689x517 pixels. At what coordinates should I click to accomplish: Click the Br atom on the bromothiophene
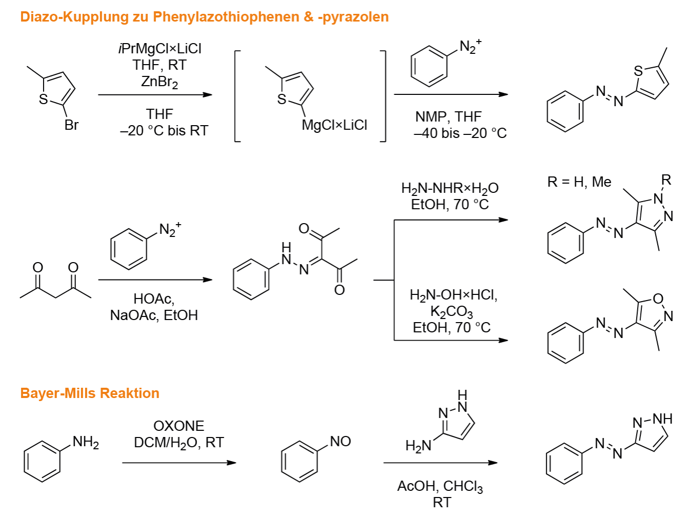[x=71, y=125]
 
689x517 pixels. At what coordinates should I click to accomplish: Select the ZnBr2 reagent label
[x=160, y=82]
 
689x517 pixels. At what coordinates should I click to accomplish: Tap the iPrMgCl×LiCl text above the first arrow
[x=160, y=49]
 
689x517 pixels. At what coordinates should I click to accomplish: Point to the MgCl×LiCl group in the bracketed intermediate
[x=334, y=125]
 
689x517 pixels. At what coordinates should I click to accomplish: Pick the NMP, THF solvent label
[x=448, y=117]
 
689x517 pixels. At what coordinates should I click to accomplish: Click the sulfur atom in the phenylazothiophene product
[x=638, y=71]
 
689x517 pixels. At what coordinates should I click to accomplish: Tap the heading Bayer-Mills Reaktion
[x=90, y=393]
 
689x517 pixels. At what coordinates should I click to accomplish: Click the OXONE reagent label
[x=179, y=426]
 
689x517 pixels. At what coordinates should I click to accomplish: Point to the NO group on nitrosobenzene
[x=341, y=442]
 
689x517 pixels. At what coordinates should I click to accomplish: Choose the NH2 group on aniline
[x=86, y=442]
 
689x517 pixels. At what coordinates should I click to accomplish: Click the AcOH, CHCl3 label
[x=440, y=487]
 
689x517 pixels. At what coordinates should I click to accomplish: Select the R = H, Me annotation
[x=579, y=182]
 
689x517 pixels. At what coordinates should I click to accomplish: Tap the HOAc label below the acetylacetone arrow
[x=154, y=299]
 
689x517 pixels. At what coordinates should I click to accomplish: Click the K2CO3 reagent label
[x=451, y=312]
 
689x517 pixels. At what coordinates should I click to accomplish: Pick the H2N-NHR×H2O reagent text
[x=450, y=189]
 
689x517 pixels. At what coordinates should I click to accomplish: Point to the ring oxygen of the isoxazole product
[x=658, y=299]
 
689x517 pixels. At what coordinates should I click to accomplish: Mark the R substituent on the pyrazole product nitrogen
[x=666, y=180]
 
